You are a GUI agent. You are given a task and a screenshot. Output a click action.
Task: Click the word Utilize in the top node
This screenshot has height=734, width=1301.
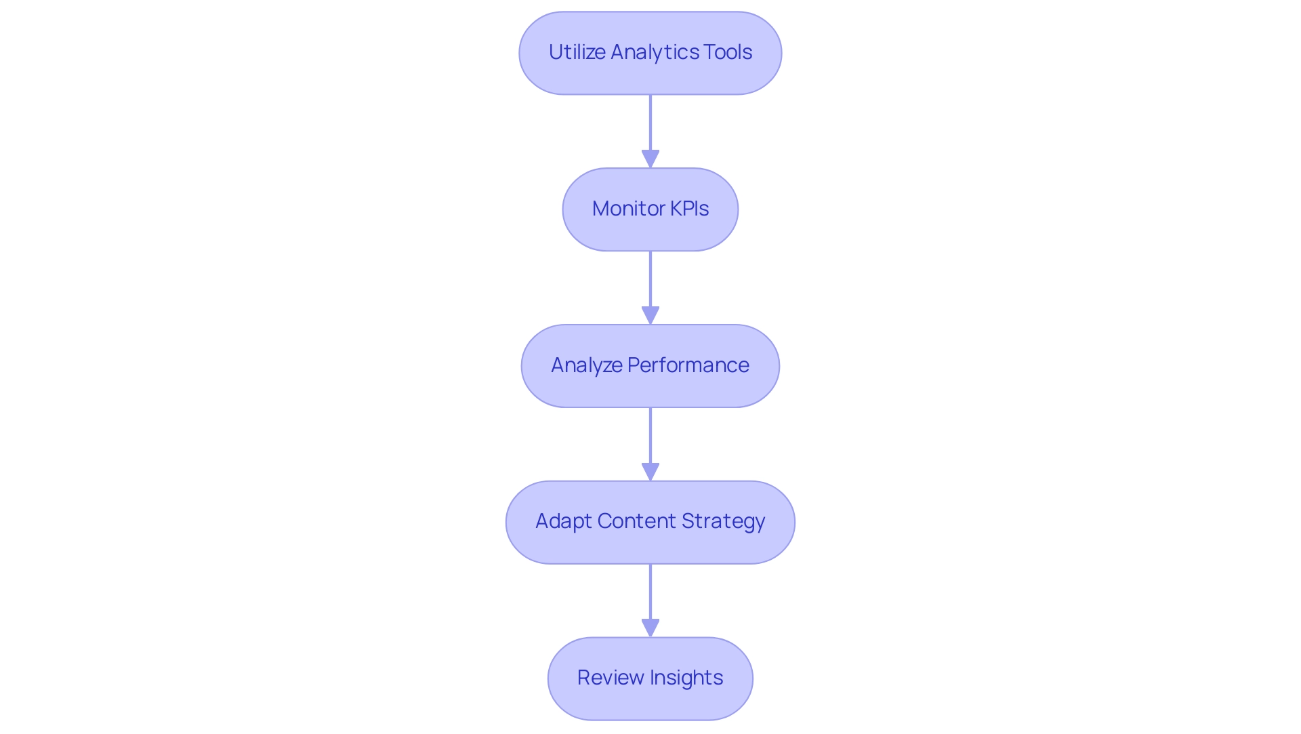point(577,52)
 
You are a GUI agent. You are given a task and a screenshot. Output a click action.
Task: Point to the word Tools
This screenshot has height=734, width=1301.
point(728,52)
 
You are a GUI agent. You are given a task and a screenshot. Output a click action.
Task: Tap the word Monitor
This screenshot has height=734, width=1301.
point(619,209)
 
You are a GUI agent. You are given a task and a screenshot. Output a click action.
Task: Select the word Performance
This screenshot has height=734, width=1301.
point(688,365)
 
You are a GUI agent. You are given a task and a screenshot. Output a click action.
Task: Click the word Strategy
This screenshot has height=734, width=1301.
point(723,521)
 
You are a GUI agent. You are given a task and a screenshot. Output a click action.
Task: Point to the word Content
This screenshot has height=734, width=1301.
point(636,521)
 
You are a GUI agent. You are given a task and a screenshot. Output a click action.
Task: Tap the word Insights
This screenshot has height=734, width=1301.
point(686,678)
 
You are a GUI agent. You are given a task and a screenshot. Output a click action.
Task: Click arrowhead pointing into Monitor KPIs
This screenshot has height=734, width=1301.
point(650,159)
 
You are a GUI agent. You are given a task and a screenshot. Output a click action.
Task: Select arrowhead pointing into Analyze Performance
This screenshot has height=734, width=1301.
point(650,315)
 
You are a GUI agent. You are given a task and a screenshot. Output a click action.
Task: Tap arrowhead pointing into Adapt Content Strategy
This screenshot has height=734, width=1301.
point(650,472)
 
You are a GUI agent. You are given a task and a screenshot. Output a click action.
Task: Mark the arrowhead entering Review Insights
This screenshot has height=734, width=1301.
point(650,628)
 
